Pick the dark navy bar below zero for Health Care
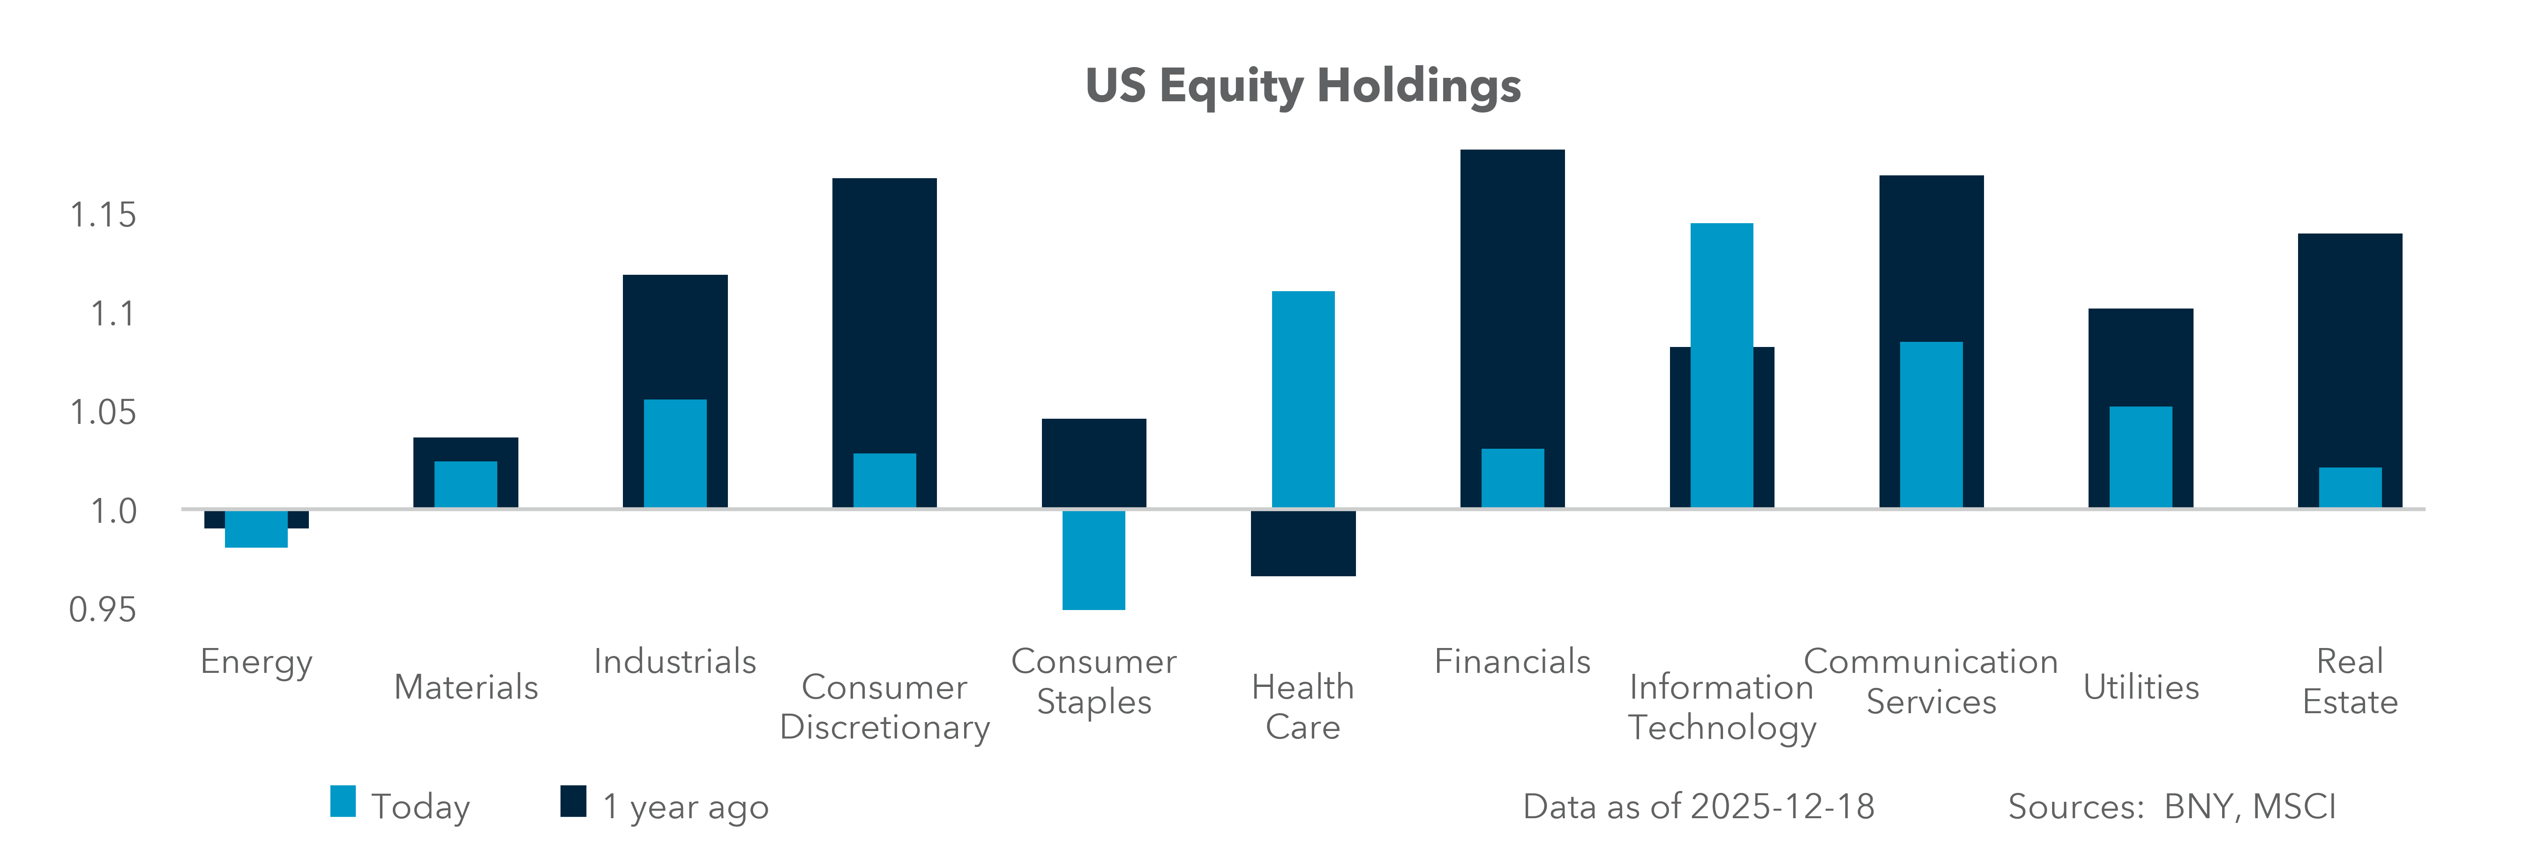click(x=1303, y=543)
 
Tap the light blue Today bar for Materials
click(x=466, y=484)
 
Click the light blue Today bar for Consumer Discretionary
click(x=884, y=481)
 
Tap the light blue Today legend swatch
click(x=343, y=802)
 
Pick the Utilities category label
click(x=2141, y=687)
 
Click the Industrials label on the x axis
click(x=675, y=661)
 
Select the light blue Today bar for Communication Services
click(x=1931, y=424)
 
